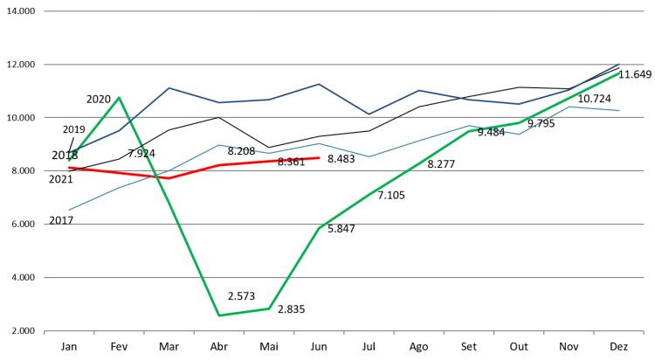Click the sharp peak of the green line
[119, 97]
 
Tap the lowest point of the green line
[218, 315]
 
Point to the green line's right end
[618, 73]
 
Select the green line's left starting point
[69, 160]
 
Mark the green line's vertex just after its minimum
[269, 308]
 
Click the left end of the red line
[69, 167]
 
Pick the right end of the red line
[320, 158]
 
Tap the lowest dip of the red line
[169, 178]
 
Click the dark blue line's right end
[618, 65]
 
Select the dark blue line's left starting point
[69, 152]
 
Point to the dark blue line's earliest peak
[169, 87]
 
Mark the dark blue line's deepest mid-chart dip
[369, 114]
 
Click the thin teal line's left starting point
[69, 210]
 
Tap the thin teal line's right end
[618, 111]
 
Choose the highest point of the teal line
[569, 107]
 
